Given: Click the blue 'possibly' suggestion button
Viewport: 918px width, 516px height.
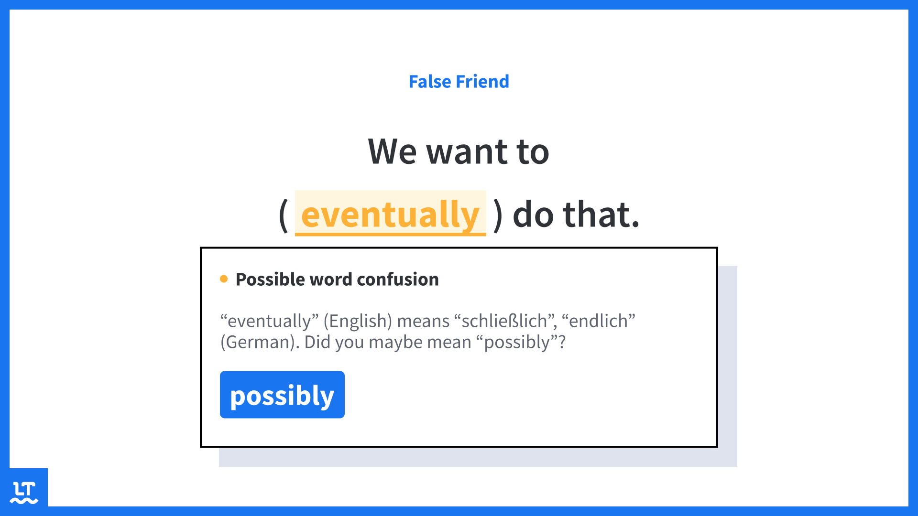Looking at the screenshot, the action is tap(282, 395).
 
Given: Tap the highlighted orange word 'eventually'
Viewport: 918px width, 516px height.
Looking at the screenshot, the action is tap(390, 214).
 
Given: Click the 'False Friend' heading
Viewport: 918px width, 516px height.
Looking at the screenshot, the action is tap(459, 82).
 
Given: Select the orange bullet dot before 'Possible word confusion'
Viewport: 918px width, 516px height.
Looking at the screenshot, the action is tap(224, 279).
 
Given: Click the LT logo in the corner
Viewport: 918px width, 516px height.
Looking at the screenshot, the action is tap(24, 493).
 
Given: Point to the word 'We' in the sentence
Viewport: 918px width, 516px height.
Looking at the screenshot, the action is tap(392, 151).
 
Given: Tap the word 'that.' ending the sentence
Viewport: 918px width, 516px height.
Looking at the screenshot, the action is tap(601, 215).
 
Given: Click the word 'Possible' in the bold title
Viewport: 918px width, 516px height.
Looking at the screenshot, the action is tap(270, 279).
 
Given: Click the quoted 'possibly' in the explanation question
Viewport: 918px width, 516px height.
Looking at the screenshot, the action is tap(517, 343).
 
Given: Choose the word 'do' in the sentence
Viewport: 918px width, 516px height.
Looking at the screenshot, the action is tap(532, 215).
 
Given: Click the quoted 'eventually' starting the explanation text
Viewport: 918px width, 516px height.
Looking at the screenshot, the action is tap(269, 322).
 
